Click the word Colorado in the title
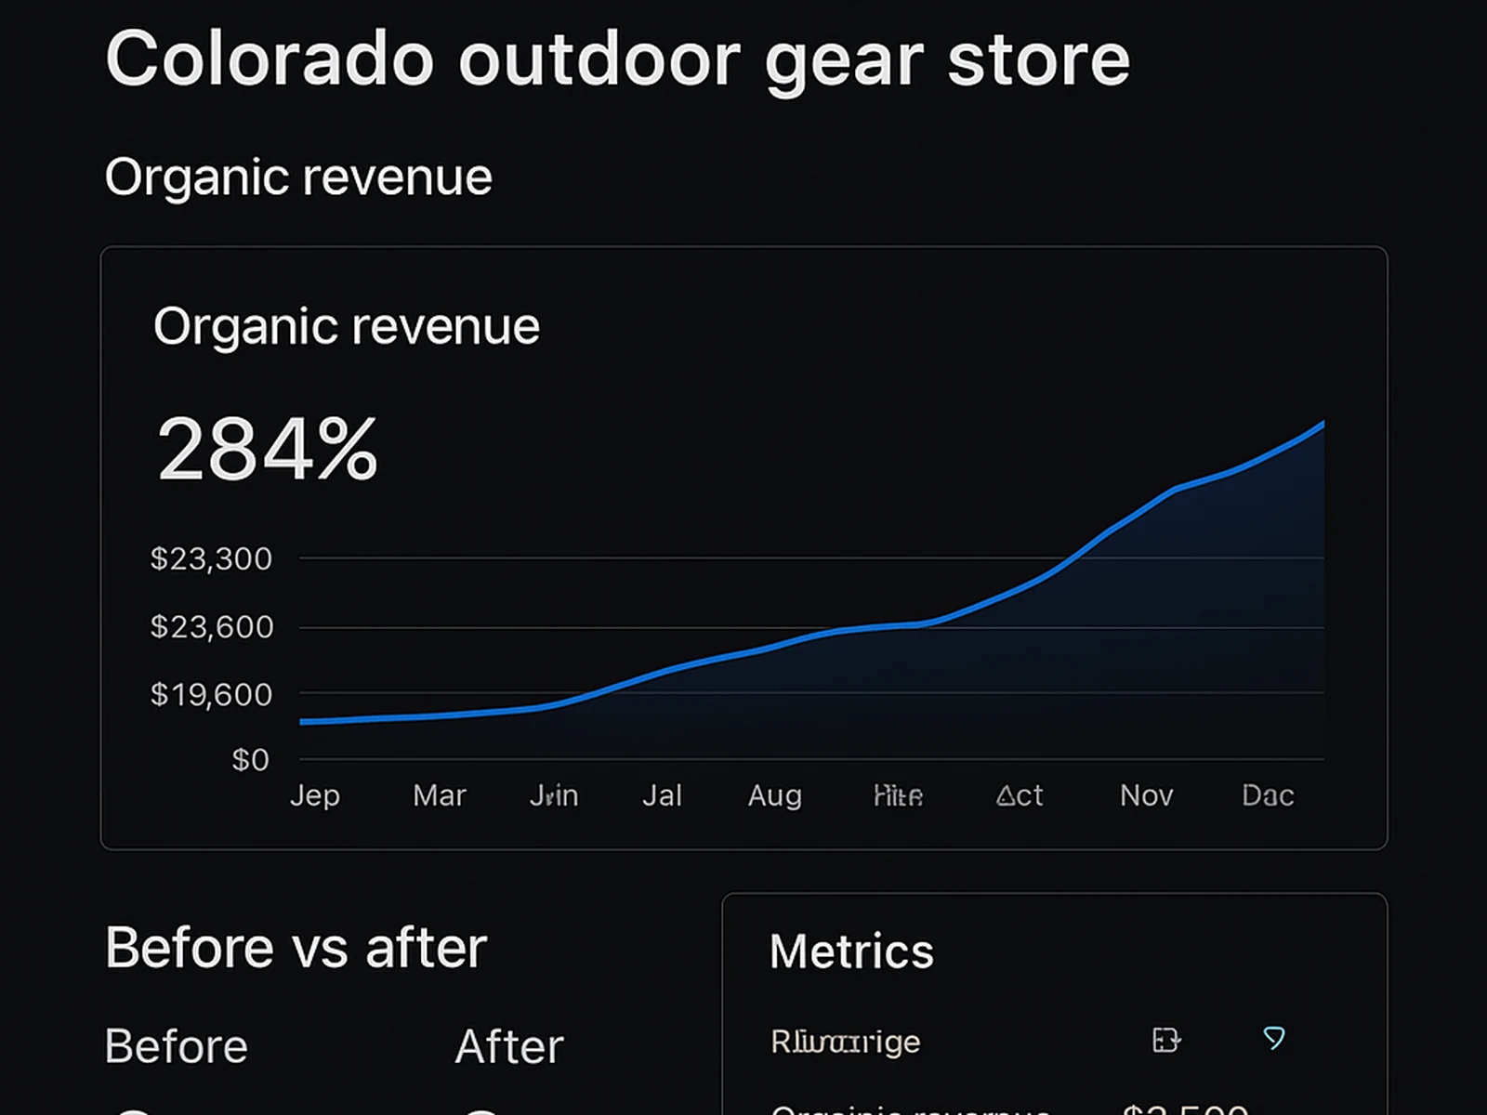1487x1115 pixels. tap(270, 59)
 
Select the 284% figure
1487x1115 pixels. tap(268, 450)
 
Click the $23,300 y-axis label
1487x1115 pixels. tap(211, 558)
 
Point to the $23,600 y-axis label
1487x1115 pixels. tap(212, 627)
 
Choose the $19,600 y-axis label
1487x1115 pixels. tap(211, 694)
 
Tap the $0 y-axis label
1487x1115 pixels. tap(250, 760)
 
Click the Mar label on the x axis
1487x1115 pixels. tap(439, 795)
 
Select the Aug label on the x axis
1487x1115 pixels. tap(774, 795)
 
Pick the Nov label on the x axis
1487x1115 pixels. tap(1146, 795)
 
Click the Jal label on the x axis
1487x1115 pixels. tap(662, 795)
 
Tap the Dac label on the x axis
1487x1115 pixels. tap(1268, 795)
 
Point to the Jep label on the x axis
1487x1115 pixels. tap(315, 795)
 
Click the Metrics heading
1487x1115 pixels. tap(851, 951)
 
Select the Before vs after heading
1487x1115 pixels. tap(296, 948)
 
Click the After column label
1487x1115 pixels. tap(509, 1047)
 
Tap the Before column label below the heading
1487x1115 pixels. tap(177, 1047)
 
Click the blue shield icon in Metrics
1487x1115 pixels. tap(1274, 1038)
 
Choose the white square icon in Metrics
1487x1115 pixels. tap(1165, 1040)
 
